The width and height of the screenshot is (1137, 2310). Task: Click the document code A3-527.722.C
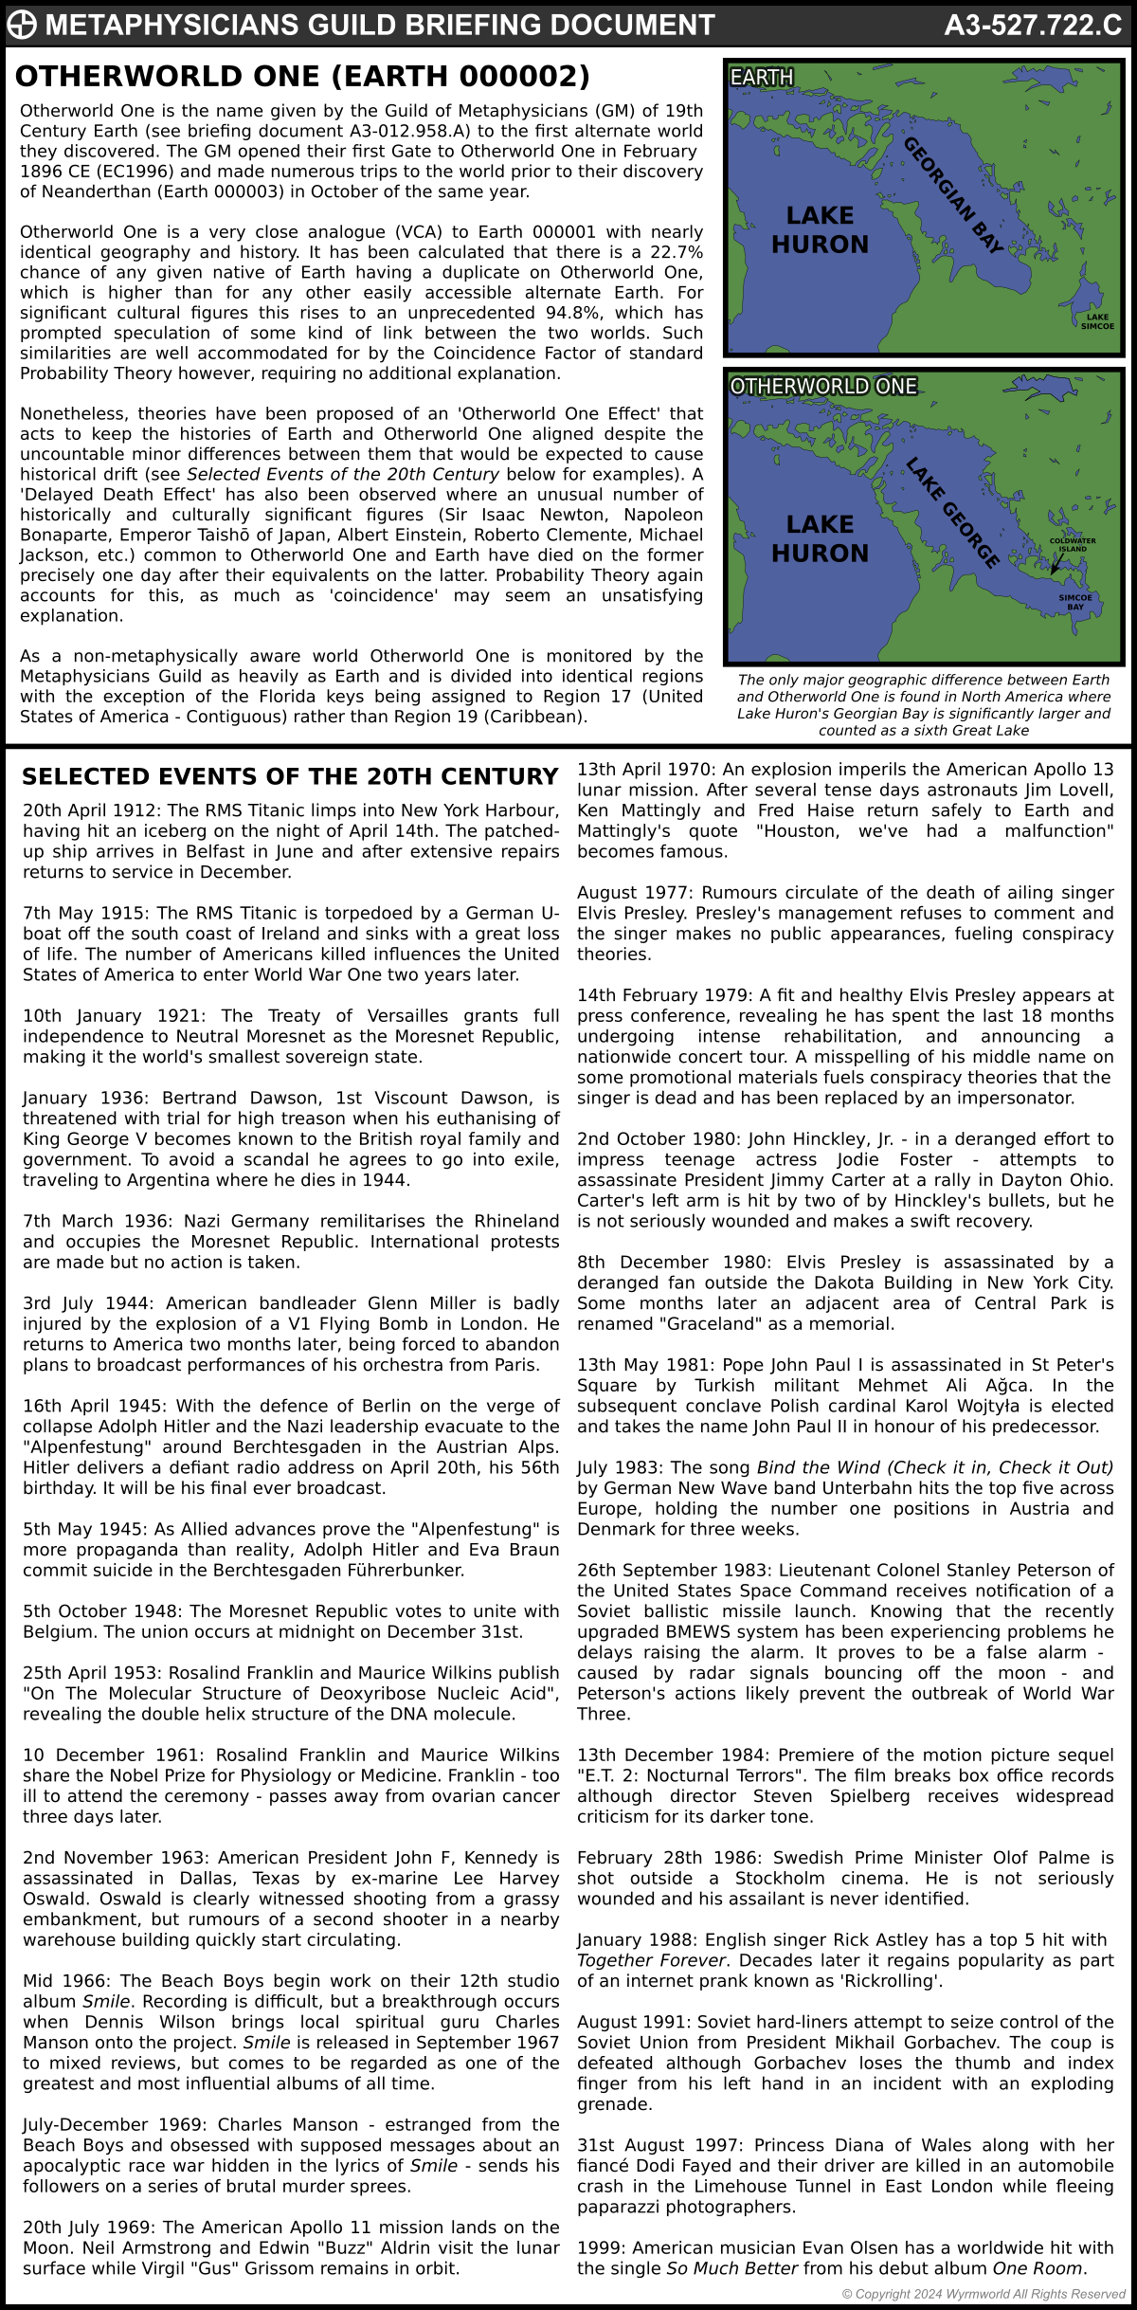tap(1032, 26)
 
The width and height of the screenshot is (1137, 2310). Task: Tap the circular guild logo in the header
tap(22, 26)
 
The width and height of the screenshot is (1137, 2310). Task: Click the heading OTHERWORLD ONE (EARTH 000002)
tap(302, 76)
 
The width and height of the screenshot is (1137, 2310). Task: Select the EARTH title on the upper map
tap(762, 77)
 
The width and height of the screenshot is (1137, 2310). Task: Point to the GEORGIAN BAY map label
tap(952, 195)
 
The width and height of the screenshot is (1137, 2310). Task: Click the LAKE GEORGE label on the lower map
tap(952, 513)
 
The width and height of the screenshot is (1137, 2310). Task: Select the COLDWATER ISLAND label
tap(1073, 545)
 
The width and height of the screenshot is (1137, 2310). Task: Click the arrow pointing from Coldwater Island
tap(1056, 565)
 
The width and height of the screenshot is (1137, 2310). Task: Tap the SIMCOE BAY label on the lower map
tap(1075, 602)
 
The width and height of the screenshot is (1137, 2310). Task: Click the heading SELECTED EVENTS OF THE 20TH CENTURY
tap(290, 776)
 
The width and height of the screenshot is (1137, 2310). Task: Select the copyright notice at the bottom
tap(983, 2294)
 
